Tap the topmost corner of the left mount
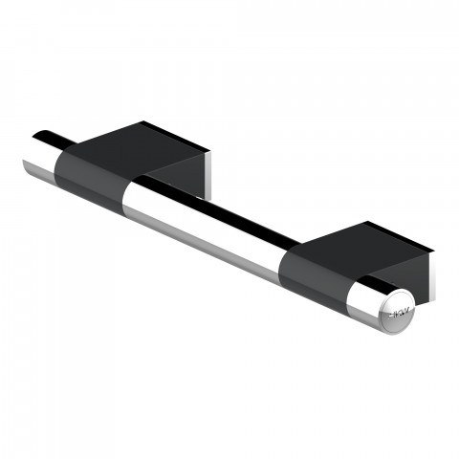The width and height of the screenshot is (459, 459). click(x=144, y=121)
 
